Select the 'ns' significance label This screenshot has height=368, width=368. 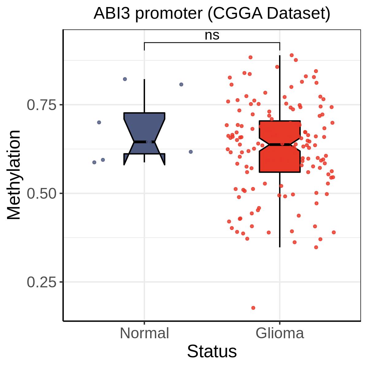click(212, 35)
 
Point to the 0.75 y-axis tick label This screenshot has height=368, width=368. click(42, 105)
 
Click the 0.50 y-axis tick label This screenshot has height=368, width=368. click(42, 194)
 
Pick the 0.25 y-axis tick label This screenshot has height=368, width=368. click(42, 282)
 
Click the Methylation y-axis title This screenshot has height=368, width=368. click(13, 174)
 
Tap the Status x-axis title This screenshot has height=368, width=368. click(212, 351)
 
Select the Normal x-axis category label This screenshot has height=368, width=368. click(144, 333)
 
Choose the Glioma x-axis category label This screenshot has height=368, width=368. click(280, 333)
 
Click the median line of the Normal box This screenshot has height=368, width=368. click(144, 142)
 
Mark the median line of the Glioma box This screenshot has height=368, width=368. click(280, 144)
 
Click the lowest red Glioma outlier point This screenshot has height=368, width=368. click(253, 308)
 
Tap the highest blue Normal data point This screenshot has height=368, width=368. click(125, 79)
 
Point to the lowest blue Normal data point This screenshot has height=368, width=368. click(94, 162)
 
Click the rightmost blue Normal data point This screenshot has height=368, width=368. click(191, 152)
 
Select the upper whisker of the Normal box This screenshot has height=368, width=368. click(144, 96)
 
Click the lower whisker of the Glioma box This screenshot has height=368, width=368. click(280, 210)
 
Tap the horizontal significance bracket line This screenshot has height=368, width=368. click(212, 43)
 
